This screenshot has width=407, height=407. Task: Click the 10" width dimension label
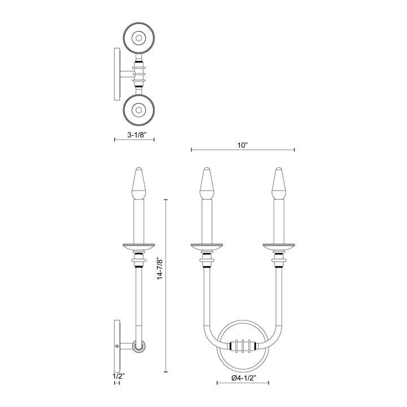coord(243,145)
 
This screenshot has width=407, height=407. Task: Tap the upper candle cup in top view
coord(138,38)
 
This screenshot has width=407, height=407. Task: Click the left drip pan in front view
coord(206,246)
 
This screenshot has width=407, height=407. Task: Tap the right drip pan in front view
coord(278,246)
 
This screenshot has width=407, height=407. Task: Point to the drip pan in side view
coord(138,246)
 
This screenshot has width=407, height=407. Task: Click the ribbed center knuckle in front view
coord(243,346)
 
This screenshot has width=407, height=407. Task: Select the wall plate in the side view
coord(117,345)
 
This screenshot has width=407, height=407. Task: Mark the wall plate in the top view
coord(117,73)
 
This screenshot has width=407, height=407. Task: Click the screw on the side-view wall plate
coord(117,345)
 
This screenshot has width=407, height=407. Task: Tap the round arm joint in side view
coord(138,346)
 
